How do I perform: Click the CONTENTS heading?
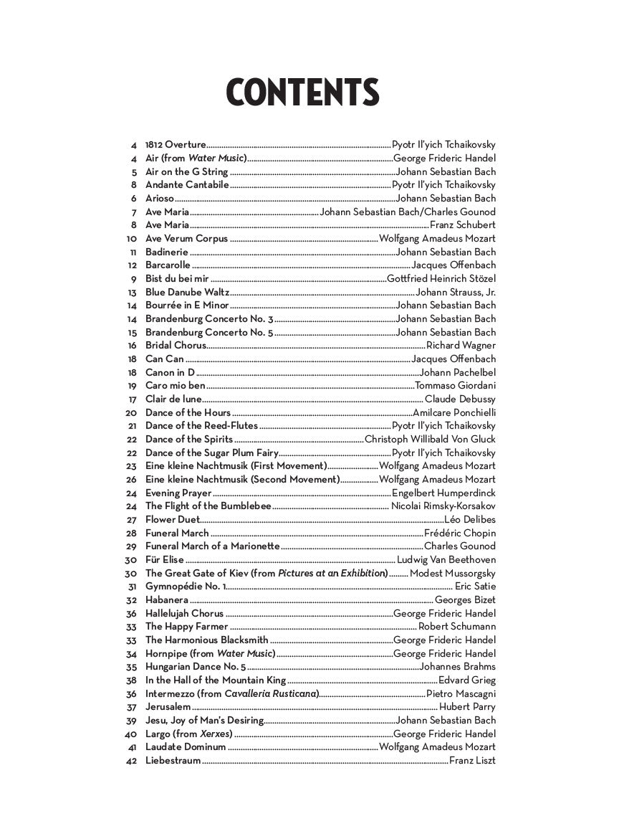click(302, 93)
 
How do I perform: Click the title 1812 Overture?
click(176, 145)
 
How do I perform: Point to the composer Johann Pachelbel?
click(458, 373)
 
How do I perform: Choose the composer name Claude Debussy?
click(460, 399)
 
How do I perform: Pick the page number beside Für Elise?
click(130, 560)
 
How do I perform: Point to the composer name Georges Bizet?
click(465, 600)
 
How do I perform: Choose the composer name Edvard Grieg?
click(467, 680)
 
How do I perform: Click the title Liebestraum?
click(173, 761)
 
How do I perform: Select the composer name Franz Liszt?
click(472, 761)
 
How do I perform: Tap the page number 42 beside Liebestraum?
click(130, 761)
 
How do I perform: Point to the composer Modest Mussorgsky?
click(453, 574)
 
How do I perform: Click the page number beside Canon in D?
click(132, 373)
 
